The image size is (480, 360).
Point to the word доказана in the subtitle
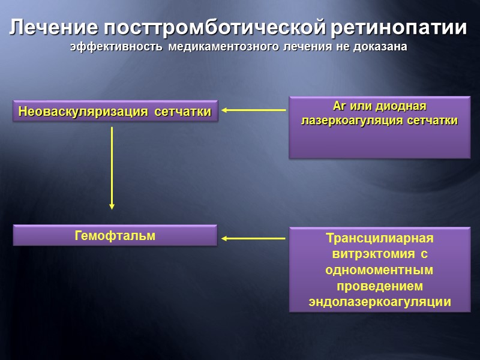coord(380,47)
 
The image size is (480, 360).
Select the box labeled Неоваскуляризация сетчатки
coord(115,111)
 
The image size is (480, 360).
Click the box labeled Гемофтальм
coord(115,236)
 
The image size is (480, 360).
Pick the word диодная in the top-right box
coord(401,107)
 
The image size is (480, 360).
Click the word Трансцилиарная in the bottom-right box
coord(379,238)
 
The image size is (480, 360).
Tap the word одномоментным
coord(379,271)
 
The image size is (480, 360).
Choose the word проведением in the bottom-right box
coord(379,287)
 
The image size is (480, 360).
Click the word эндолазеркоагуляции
coord(379,302)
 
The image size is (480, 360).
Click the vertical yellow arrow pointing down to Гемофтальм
coord(112,168)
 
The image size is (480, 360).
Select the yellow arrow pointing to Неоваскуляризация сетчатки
coord(253,110)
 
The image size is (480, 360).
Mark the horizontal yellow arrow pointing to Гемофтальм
coord(253,239)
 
